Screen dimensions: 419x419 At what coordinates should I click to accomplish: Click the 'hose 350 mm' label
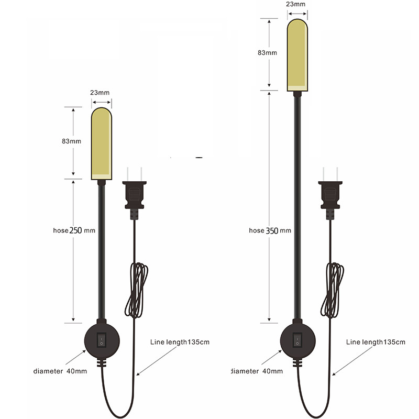tap(270, 230)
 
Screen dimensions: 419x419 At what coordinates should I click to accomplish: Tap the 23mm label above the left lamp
tap(100, 92)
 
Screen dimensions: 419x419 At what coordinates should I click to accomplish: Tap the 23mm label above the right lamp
tap(296, 4)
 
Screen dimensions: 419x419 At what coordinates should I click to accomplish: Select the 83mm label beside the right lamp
tap(267, 53)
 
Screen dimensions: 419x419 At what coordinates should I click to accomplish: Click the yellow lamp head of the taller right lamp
tap(297, 54)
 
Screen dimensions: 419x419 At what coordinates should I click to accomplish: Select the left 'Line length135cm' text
tap(180, 342)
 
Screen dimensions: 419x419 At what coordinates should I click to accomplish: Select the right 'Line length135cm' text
tap(376, 342)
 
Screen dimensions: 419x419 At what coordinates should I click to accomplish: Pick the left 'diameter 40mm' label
tap(60, 371)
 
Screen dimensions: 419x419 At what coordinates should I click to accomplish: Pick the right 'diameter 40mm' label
tap(257, 371)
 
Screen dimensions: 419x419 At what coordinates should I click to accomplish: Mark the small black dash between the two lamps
tap(199, 157)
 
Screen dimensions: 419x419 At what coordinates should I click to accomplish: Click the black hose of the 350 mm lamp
tap(297, 210)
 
